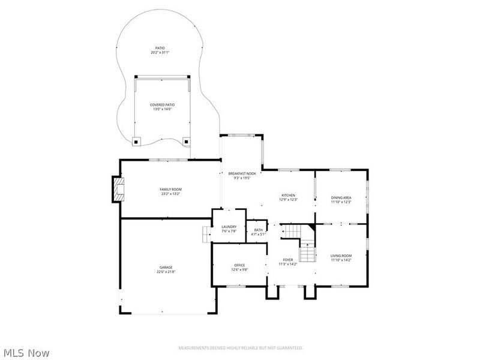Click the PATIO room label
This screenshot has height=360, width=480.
click(x=160, y=48)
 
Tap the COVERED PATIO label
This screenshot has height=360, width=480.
click(x=161, y=104)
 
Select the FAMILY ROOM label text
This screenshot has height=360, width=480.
click(x=170, y=189)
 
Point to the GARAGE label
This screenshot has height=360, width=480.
click(x=166, y=267)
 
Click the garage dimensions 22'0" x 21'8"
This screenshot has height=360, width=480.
click(x=166, y=272)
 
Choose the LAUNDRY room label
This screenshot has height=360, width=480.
click(x=229, y=226)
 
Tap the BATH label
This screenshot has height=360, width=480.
click(x=258, y=230)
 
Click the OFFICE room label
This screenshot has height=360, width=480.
click(x=239, y=265)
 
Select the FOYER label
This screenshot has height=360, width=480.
click(x=289, y=260)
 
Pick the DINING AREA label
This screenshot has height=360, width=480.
click(x=341, y=197)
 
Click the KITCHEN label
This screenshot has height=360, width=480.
click(x=289, y=195)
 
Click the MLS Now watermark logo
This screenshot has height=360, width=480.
click(x=26, y=353)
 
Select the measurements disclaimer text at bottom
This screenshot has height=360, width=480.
click(x=241, y=348)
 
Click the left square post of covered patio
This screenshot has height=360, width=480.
click(x=137, y=142)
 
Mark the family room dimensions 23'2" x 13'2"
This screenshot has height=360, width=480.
click(x=170, y=194)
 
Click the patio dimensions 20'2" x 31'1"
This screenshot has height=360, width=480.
click(x=160, y=53)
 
